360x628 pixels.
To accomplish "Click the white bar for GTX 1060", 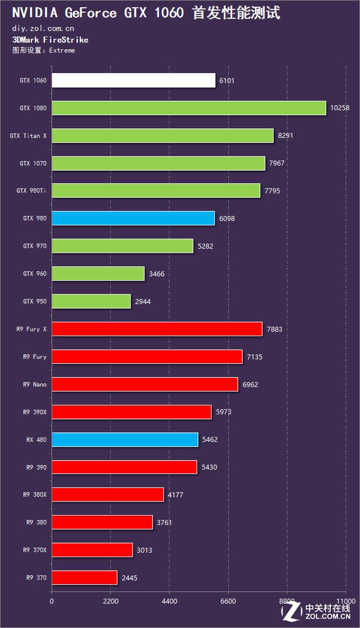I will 133,80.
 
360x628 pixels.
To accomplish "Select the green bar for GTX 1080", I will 189,108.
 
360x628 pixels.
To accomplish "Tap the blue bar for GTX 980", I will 133,218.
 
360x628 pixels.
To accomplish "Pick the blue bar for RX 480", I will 125,439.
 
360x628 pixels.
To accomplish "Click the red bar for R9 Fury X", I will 157,329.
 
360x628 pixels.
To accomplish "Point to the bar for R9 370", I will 84,577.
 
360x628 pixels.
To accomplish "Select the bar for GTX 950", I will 91,301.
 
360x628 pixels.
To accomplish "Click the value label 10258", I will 339,108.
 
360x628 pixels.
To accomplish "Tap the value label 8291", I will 286,135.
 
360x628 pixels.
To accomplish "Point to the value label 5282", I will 205,246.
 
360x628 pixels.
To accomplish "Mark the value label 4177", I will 175,495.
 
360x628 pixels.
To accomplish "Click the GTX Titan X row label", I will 28,135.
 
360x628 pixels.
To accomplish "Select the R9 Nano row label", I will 35,385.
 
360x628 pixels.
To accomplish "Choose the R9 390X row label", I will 35,412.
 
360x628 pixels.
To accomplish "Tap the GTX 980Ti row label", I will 31,191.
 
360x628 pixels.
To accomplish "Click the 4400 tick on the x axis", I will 169,601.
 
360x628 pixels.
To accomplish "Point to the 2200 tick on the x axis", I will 111,601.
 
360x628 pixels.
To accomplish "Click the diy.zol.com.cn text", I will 43,28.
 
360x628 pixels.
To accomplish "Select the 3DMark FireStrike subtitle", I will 50,40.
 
